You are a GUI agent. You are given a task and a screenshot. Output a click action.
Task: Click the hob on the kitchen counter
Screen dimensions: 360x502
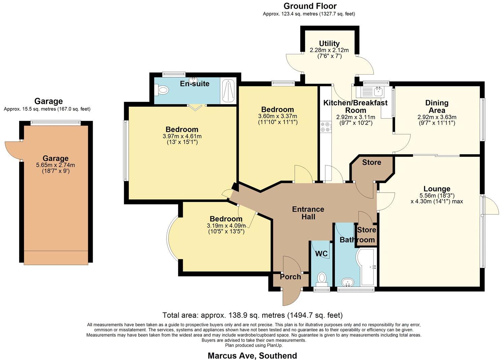coord(325,127)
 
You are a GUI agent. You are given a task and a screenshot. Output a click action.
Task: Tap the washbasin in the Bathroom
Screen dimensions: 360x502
coord(347,282)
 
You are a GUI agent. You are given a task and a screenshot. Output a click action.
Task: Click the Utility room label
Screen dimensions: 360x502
coord(329,44)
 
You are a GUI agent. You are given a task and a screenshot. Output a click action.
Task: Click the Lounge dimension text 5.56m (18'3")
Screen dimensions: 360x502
coord(437,195)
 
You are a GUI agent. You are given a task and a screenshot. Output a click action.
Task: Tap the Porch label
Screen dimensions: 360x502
coord(290,277)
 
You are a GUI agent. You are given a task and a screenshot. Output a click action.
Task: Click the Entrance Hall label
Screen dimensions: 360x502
coord(308,213)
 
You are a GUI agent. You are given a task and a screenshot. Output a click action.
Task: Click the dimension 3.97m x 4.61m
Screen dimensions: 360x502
coord(182,136)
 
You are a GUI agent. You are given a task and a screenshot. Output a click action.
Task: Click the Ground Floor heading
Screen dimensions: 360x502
coord(310,6)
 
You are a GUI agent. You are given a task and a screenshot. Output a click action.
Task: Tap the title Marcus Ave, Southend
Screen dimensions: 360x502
coord(252,356)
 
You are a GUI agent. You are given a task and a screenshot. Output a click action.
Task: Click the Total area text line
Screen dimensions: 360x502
coord(252,315)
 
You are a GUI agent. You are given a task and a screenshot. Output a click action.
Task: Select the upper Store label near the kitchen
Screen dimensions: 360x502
coord(372,162)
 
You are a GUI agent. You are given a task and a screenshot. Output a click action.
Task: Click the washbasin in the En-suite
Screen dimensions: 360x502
coord(193,80)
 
